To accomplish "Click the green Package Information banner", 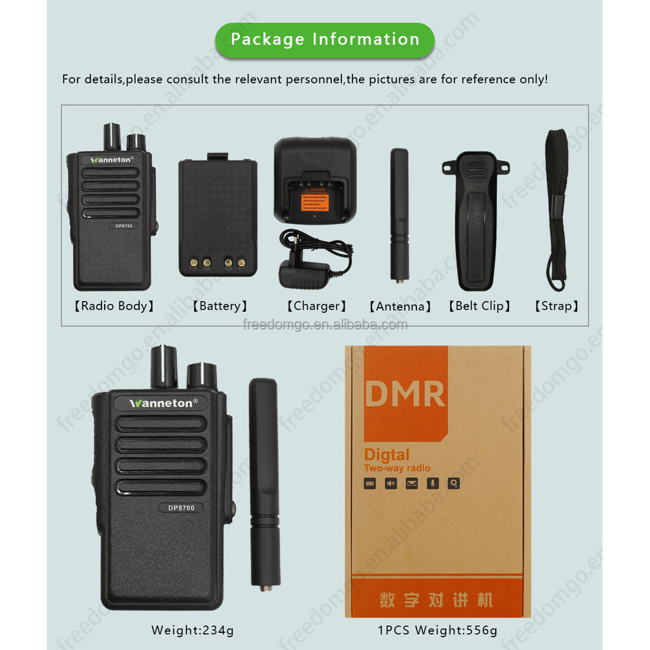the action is coord(325,39).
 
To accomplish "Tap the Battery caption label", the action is coord(220,306).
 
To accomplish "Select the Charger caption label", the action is coord(316,306).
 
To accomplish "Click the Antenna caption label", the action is coord(400,307).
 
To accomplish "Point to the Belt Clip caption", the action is coord(479,306).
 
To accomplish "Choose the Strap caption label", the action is coord(556,306).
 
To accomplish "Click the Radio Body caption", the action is coord(114,306).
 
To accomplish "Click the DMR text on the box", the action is coord(404,394).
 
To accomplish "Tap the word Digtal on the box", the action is coord(387,454).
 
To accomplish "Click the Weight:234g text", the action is coord(192,630).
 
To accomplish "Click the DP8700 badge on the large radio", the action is coord(181,507).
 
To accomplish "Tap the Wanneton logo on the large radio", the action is coord(164,402).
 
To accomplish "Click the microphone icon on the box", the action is coord(432,484).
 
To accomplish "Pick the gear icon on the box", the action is coord(453,484).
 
